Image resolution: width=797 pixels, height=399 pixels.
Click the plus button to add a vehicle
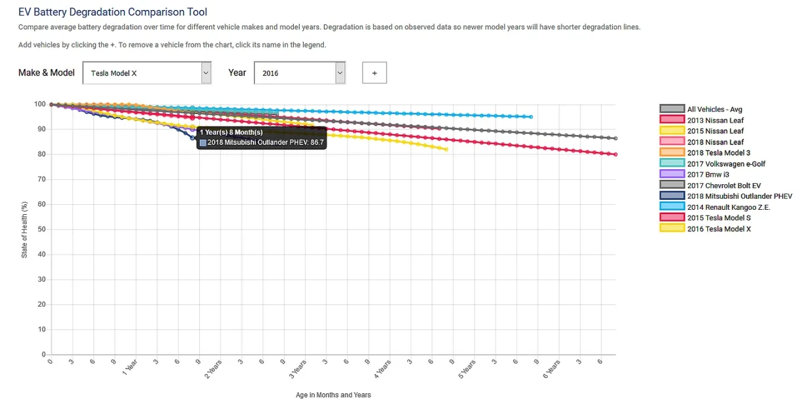[374, 73]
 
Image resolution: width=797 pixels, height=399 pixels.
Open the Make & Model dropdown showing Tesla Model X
[147, 73]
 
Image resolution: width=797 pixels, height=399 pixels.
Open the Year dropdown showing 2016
[299, 73]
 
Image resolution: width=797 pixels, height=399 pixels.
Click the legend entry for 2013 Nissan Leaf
[715, 120]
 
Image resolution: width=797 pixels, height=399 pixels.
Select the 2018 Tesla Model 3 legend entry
[718, 153]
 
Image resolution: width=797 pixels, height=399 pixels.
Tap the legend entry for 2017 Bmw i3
[708, 174]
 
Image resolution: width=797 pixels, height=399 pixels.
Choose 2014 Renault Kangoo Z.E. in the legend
[729, 207]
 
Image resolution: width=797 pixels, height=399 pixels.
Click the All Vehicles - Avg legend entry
[714, 110]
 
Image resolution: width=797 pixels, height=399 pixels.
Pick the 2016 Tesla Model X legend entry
[719, 229]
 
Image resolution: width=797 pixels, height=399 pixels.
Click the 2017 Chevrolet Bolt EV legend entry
[724, 185]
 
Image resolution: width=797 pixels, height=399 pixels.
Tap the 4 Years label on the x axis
[382, 368]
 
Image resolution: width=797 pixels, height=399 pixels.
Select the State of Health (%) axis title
[24, 230]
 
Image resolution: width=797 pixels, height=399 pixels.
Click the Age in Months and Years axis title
[333, 395]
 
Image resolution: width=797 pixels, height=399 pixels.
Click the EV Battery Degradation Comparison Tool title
[113, 12]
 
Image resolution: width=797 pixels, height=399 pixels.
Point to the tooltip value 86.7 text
[317, 143]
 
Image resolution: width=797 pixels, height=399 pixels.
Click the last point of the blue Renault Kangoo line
[531, 117]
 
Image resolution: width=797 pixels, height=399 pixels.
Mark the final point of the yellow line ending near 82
[446, 149]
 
